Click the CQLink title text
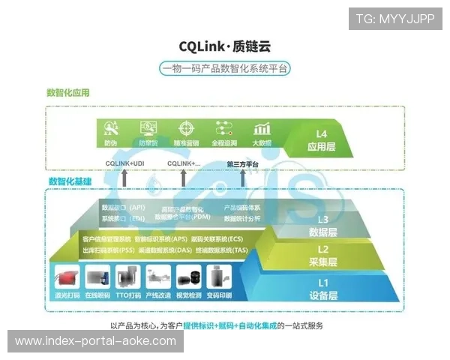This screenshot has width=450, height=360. tap(224, 46)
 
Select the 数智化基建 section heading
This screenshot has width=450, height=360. tap(70, 181)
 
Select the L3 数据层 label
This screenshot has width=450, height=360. tap(323, 226)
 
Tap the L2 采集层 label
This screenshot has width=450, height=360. tap(323, 256)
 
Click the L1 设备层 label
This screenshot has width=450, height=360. tap(323, 289)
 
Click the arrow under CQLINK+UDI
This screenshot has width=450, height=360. tap(124, 177)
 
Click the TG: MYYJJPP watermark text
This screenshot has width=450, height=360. tap(394, 19)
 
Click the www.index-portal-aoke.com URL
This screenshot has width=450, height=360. tap(95, 341)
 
